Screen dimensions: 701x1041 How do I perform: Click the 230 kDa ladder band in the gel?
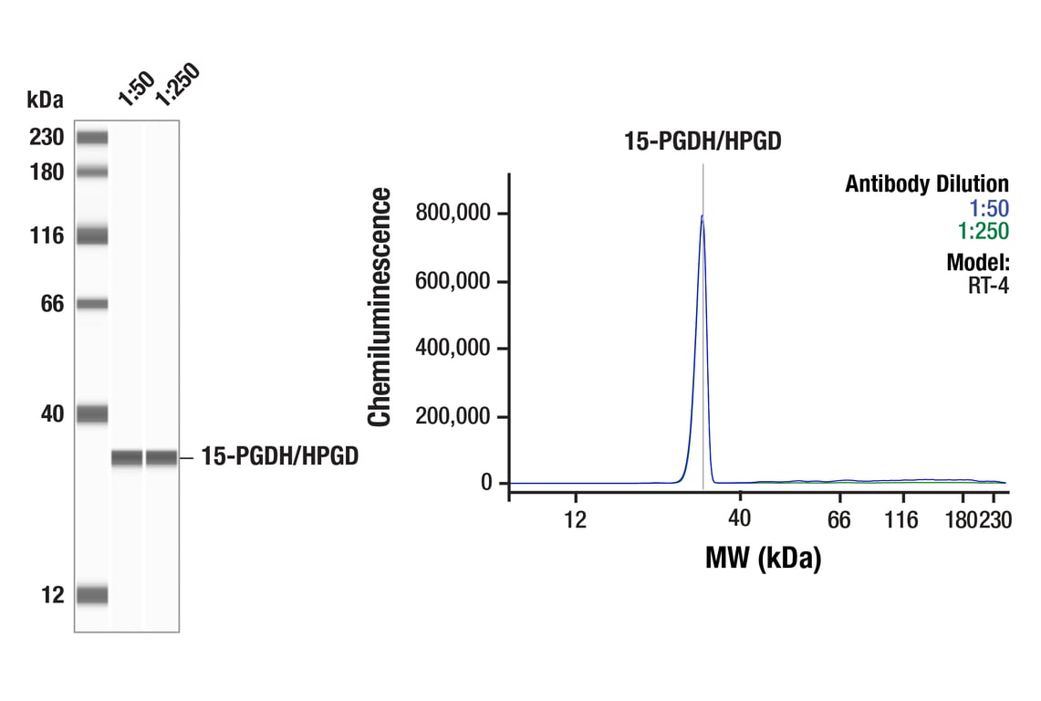(x=92, y=138)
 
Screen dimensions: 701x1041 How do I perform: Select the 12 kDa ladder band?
(x=92, y=595)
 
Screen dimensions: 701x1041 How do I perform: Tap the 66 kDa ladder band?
(x=92, y=304)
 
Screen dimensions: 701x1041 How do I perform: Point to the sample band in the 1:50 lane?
(x=127, y=457)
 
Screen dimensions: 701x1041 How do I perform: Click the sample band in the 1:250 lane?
(x=161, y=457)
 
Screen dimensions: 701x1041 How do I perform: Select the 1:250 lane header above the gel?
(x=175, y=85)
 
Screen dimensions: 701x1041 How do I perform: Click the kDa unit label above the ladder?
(x=45, y=99)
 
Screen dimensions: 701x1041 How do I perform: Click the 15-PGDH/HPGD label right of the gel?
(x=279, y=456)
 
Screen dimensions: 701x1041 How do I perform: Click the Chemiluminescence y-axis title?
(x=380, y=307)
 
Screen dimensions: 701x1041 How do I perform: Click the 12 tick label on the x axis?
(x=574, y=519)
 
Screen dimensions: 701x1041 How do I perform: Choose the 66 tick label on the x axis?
(x=838, y=519)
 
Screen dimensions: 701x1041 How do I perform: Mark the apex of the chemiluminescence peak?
(x=702, y=216)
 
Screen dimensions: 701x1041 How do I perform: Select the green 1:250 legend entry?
(x=984, y=231)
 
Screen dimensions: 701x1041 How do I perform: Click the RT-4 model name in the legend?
(x=988, y=285)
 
